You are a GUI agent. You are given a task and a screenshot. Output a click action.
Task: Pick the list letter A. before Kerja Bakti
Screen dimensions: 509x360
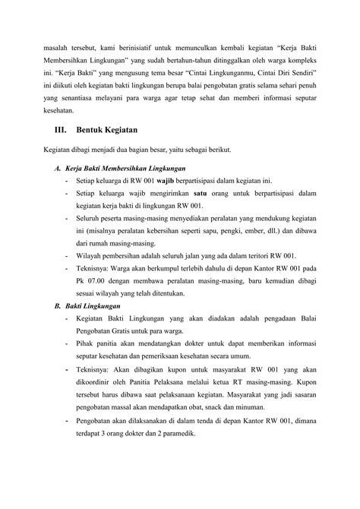58,167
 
